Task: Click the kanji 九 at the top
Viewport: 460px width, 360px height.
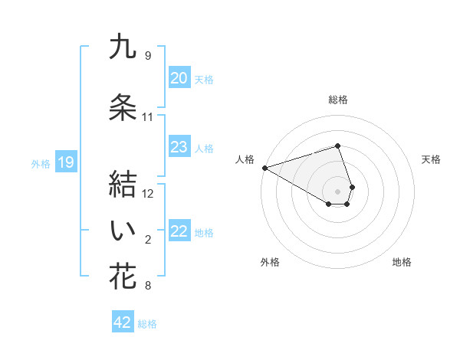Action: (123, 47)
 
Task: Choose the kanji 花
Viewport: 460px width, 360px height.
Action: (123, 277)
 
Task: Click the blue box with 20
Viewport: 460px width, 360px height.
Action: (179, 78)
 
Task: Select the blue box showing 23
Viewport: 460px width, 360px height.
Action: (179, 147)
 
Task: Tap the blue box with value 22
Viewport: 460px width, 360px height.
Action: (179, 231)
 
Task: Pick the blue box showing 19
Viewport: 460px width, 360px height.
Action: (65, 162)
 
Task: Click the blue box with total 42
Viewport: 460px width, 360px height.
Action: (123, 322)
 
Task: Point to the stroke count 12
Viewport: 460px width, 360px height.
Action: (148, 194)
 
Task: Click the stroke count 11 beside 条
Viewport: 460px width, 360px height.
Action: (148, 117)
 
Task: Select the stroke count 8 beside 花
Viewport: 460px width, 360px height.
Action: (148, 286)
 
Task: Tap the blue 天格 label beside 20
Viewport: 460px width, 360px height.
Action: (204, 79)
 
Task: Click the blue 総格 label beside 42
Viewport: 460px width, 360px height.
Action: (147, 324)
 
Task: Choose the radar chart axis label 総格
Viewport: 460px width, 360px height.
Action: (338, 100)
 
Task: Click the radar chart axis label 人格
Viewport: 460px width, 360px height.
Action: (245, 159)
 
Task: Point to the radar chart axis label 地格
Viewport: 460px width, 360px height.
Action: (402, 262)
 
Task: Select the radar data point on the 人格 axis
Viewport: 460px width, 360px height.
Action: (264, 168)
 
